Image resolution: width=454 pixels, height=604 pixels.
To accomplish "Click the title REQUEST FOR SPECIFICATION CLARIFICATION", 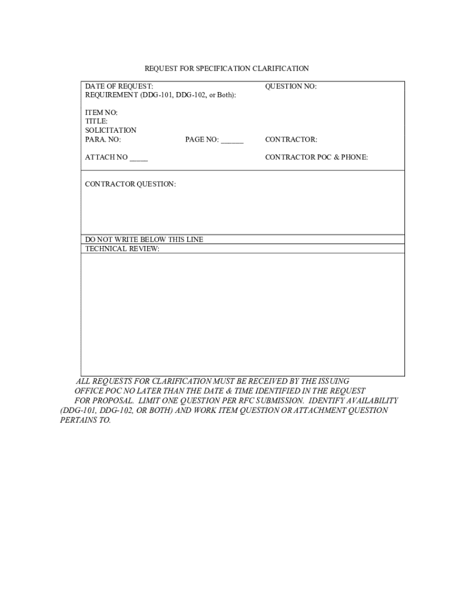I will tap(227, 69).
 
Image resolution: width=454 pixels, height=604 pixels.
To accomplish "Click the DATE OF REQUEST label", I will tap(119, 87).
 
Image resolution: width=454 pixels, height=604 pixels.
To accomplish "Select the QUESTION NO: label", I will tap(291, 87).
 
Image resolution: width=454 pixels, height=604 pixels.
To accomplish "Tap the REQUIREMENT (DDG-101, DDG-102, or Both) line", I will tap(160, 95).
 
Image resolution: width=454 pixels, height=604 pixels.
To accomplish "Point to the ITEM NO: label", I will tap(101, 113).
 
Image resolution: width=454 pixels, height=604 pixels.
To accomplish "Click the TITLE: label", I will tap(96, 122).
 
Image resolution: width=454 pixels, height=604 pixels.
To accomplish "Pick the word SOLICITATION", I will tap(111, 130).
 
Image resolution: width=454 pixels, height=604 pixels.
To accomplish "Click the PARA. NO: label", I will tap(103, 140).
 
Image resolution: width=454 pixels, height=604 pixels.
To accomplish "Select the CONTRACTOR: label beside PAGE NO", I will tap(291, 140).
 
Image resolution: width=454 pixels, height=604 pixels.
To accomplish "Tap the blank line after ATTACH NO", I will tap(139, 158).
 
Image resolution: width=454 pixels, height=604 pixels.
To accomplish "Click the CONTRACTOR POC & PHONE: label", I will tap(317, 157).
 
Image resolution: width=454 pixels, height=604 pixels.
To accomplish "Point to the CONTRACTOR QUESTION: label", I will tap(130, 185).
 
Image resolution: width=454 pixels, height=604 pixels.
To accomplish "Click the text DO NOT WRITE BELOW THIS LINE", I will tap(144, 239).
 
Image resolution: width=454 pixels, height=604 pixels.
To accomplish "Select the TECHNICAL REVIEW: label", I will tap(122, 249).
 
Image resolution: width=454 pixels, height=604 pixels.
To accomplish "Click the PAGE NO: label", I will tap(202, 140).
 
